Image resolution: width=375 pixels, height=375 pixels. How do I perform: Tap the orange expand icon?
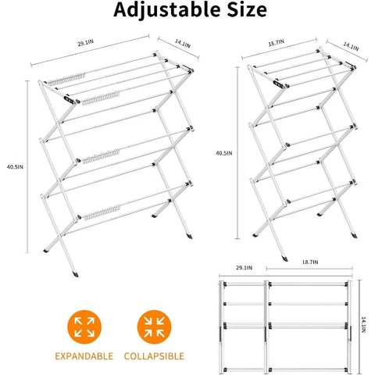click(x=84, y=327)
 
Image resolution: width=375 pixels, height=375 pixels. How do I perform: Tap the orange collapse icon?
click(x=154, y=327)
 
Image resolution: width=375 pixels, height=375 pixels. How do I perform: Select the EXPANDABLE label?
click(x=84, y=356)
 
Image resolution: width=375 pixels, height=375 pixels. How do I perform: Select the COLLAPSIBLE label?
click(x=154, y=356)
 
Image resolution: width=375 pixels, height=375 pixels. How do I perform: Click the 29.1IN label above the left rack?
click(x=86, y=43)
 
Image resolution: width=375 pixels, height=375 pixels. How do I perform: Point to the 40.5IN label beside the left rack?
click(x=15, y=167)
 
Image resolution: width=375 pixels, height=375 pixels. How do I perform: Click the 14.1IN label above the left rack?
click(x=183, y=44)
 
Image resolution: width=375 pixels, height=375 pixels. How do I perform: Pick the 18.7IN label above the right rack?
click(x=277, y=43)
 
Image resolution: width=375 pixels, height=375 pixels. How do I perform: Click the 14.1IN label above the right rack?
click(x=351, y=46)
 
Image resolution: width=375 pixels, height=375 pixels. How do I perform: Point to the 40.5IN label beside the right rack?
click(x=224, y=153)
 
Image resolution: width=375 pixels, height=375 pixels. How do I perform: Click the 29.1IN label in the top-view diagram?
click(x=244, y=268)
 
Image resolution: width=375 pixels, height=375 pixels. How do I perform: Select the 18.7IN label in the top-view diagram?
click(x=310, y=262)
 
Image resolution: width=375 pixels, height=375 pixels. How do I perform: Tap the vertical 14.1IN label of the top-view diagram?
click(x=363, y=325)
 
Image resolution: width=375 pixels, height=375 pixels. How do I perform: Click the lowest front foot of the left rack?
click(x=75, y=274)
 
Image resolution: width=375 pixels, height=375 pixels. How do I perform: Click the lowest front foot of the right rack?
click(x=284, y=259)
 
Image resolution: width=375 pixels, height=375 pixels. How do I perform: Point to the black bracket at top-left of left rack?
click(x=70, y=100)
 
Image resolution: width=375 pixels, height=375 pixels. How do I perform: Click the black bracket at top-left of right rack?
click(x=279, y=84)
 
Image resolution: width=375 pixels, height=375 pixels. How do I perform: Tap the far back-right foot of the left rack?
click(x=189, y=236)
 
